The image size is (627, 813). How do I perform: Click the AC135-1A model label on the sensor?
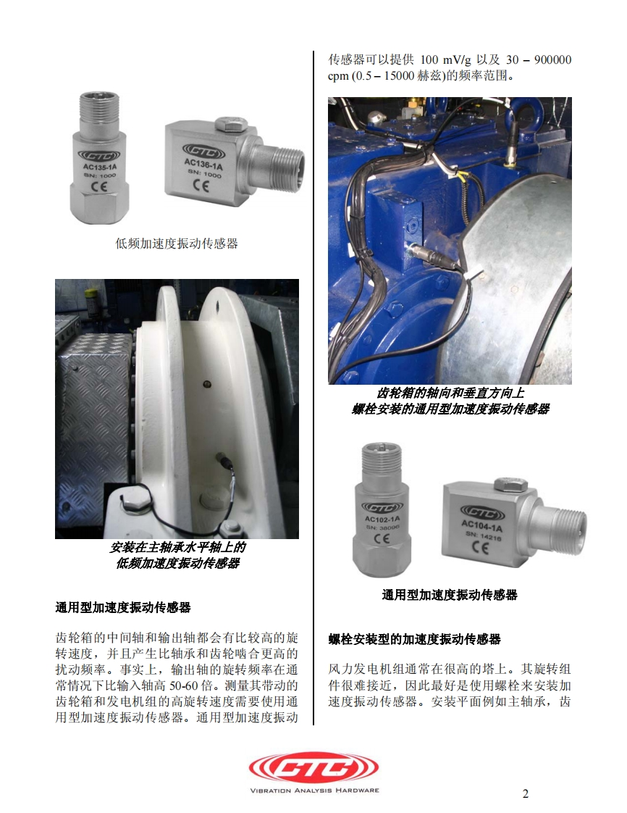100,167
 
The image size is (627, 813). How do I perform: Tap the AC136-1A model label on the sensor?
203,164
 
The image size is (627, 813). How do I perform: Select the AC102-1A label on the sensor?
382,519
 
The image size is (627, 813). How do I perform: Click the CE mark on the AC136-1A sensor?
201,185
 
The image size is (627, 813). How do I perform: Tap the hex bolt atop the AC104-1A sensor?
510,485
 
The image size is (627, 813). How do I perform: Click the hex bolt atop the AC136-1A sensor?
230,124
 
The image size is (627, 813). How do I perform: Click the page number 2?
526,793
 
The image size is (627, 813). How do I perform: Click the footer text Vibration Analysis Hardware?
314,791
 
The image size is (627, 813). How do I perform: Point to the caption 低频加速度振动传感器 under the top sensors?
177,243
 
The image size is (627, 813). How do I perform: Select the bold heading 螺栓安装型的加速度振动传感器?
415,639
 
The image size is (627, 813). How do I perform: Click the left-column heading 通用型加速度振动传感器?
123,607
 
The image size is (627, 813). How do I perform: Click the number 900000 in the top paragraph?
553,60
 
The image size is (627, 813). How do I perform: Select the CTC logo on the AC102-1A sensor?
382,508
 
